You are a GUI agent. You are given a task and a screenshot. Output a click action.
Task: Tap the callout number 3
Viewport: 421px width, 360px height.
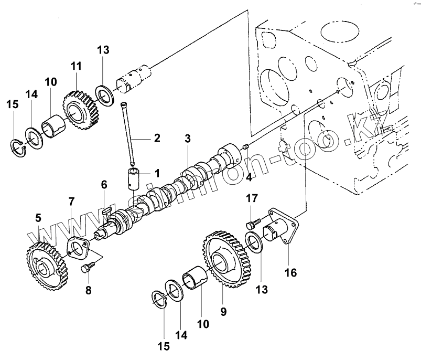[188, 139]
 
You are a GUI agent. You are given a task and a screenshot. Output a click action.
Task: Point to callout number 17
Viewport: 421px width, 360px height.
[252, 198]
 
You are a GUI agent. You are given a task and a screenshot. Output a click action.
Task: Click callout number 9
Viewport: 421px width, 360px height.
[223, 312]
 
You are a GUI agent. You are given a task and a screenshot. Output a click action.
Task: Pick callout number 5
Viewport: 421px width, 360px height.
[38, 217]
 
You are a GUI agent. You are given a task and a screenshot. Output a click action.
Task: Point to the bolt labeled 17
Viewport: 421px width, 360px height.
[250, 224]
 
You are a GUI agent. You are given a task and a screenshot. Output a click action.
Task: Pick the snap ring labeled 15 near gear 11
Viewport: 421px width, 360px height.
[20, 146]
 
